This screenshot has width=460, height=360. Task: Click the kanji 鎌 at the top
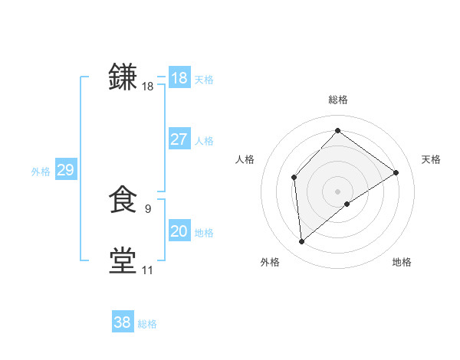[x=123, y=77]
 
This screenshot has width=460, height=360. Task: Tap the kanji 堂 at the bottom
[x=123, y=260]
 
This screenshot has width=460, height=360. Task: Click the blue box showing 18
[x=179, y=78]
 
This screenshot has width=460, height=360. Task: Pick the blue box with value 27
[x=179, y=139]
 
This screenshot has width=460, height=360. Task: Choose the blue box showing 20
[x=179, y=231]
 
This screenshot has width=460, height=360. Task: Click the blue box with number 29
[x=65, y=170]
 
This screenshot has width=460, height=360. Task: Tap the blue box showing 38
[x=122, y=322]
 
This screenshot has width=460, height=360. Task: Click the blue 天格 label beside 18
[x=204, y=79]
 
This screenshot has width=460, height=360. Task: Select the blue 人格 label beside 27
[x=204, y=141]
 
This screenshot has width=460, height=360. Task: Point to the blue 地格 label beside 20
[x=204, y=232]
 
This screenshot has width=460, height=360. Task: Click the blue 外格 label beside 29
[x=41, y=172]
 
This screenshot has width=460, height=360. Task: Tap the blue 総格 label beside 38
[x=147, y=324]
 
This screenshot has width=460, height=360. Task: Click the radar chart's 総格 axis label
[x=337, y=100]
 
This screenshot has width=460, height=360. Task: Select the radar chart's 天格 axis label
[x=432, y=159]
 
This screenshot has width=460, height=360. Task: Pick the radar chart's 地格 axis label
[x=402, y=262]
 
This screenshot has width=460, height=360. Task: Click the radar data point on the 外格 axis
[x=302, y=242]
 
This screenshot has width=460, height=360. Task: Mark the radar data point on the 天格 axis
[x=396, y=172]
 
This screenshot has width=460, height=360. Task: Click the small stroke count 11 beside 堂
[x=147, y=270]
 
